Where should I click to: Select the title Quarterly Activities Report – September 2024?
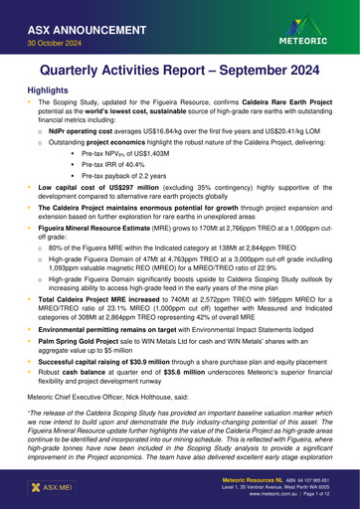tap(179, 73)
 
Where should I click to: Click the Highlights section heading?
tap(49, 90)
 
